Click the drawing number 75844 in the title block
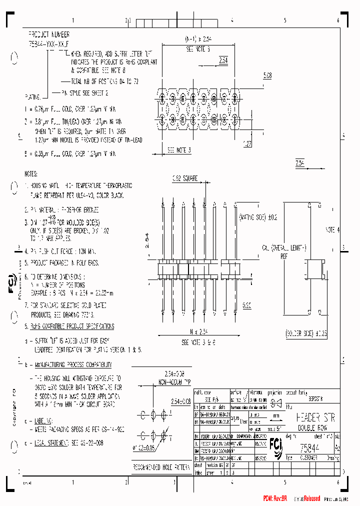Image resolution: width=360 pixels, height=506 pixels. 310,448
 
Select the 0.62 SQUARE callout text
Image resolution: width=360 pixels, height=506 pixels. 184,178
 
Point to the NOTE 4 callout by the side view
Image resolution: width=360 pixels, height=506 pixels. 331,229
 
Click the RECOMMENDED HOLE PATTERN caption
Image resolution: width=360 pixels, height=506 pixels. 161,467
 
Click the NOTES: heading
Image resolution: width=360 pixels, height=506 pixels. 31,174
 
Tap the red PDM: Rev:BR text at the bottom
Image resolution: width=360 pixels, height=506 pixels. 274,498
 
